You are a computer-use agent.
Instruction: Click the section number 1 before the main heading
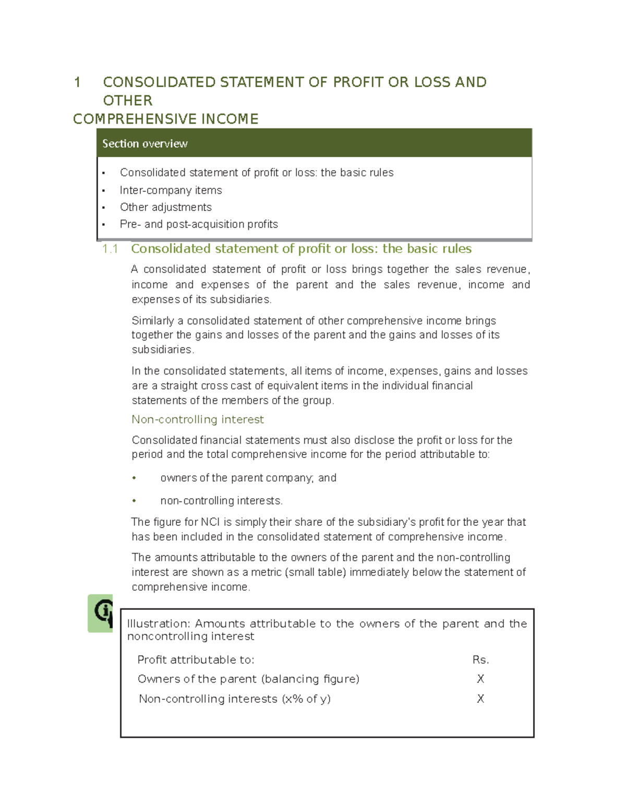(x=77, y=83)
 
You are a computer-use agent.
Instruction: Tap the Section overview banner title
(x=145, y=144)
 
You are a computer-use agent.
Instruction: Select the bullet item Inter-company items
(x=171, y=190)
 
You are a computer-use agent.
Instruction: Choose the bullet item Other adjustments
(x=165, y=207)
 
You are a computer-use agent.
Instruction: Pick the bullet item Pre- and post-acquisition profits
(x=198, y=225)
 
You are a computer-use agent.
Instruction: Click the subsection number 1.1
(x=110, y=249)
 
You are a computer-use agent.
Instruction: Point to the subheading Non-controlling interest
(x=197, y=419)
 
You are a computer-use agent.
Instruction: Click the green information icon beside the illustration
(x=101, y=613)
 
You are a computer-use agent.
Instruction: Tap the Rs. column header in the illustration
(x=480, y=660)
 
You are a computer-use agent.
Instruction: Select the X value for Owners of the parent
(x=480, y=679)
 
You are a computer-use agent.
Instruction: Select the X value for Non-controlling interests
(x=480, y=699)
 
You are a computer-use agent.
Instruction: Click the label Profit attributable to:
(x=196, y=660)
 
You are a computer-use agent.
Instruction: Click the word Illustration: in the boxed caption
(x=159, y=624)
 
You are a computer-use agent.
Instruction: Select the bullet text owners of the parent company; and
(x=248, y=478)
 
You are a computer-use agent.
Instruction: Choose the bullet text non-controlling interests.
(x=221, y=501)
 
